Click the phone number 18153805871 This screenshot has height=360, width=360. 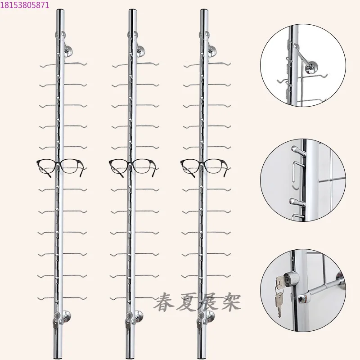tap(25, 5)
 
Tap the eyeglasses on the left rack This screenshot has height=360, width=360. tap(60, 166)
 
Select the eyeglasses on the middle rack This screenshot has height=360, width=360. tap(132, 166)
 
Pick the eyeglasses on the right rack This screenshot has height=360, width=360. tap(204, 166)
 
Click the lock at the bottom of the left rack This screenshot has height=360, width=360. tap(56, 321)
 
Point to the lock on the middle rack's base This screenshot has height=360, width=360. tap(128, 321)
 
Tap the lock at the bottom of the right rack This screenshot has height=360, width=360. tap(200, 321)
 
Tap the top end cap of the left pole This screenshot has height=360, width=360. tap(60, 11)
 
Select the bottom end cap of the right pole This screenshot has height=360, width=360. tap(203, 357)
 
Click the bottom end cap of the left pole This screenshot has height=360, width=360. tap(59, 357)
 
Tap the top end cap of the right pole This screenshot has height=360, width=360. tap(204, 11)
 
